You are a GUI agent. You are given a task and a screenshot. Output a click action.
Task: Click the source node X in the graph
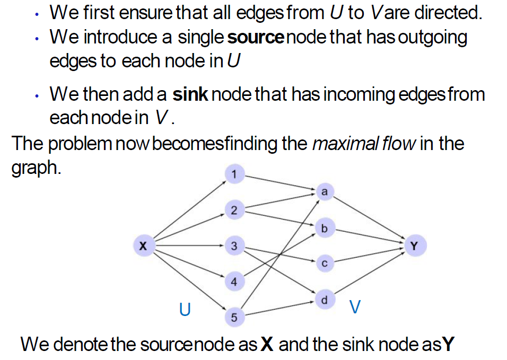pos(142,246)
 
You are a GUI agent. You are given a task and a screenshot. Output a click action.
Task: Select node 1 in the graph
pos(234,174)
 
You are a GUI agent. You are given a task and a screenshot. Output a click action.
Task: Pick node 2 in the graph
pos(234,210)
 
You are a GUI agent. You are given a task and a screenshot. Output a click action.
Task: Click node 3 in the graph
pos(234,246)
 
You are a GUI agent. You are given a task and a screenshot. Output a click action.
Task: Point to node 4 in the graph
pos(234,282)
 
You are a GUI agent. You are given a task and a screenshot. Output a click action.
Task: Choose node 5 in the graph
pos(234,318)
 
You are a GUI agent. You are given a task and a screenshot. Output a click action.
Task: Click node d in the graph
pos(325,300)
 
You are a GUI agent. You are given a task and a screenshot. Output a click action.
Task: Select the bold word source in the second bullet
pos(253,38)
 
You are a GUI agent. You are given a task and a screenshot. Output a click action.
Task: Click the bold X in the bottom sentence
pos(267,345)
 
